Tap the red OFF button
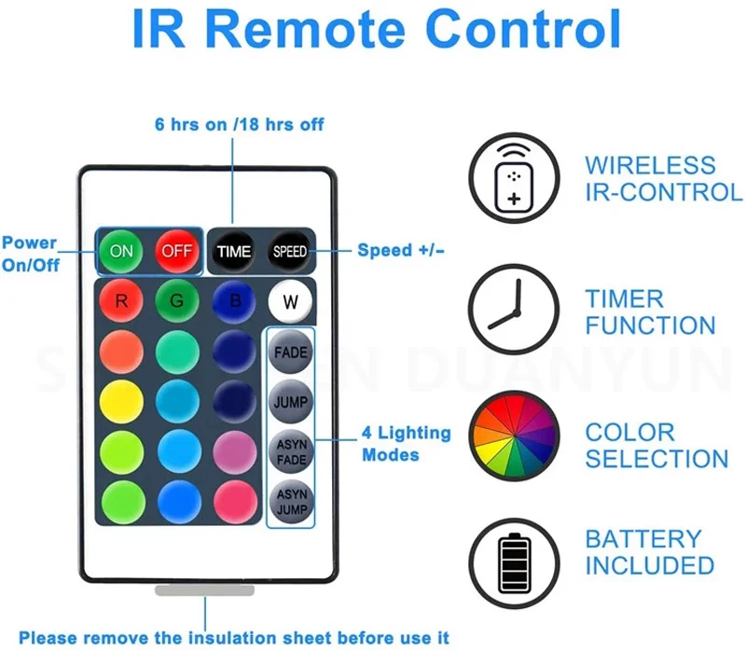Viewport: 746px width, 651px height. pos(177,251)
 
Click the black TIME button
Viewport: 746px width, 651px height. pos(234,251)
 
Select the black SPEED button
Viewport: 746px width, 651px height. pos(289,251)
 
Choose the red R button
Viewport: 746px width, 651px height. pos(121,302)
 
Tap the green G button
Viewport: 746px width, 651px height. pos(177,302)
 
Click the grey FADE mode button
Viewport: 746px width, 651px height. pos(291,353)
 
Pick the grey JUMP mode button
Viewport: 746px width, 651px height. pos(291,402)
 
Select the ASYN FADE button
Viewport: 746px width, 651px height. pos(291,451)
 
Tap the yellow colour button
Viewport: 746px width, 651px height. pos(121,402)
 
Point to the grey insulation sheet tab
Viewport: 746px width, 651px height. pos(205,590)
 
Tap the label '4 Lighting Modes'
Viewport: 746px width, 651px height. pos(406,444)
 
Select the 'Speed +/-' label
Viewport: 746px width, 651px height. pos(401,250)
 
